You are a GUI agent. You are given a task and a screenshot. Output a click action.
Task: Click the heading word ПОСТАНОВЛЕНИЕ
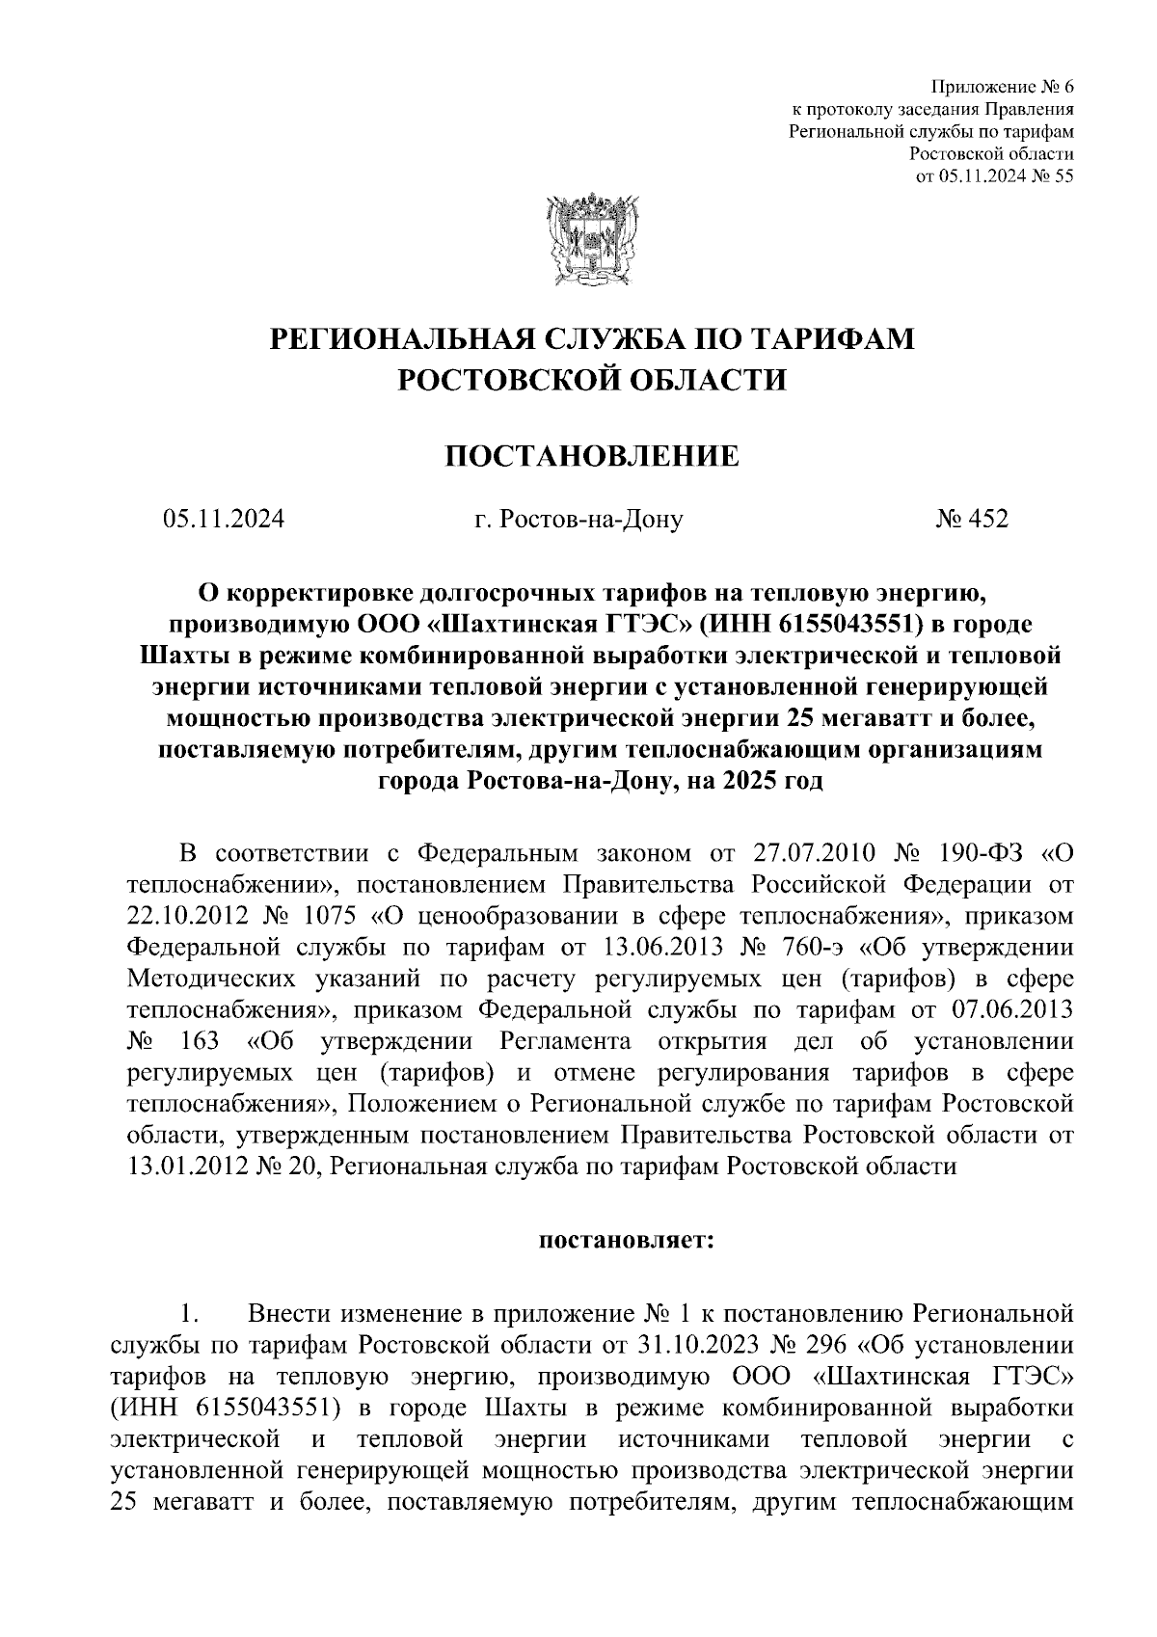tap(591, 455)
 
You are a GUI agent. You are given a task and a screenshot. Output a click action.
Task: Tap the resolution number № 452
tap(971, 520)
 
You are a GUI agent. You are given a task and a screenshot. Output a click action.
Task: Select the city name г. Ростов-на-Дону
tap(578, 521)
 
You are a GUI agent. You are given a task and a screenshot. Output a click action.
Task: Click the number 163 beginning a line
tap(199, 1042)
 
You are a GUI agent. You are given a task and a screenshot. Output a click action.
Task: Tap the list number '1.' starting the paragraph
tap(189, 1313)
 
